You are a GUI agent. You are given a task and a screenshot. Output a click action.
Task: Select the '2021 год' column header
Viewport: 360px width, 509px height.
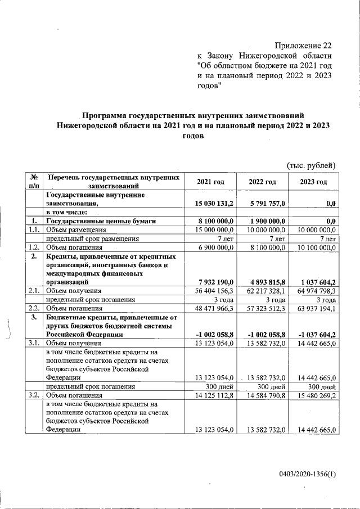pos(210,182)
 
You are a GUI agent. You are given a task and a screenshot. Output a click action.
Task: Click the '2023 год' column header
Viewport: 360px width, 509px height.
pos(313,182)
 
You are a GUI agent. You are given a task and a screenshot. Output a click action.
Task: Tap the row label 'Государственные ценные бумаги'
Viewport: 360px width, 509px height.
pos(101,221)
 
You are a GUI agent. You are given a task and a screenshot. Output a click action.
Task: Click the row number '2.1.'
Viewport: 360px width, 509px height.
pos(34,291)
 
